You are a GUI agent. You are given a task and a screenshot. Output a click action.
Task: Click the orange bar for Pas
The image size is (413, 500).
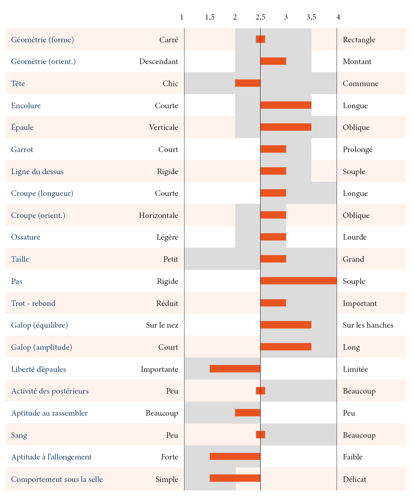click(298, 281)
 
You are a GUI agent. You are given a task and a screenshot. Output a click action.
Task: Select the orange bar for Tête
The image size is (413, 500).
click(248, 83)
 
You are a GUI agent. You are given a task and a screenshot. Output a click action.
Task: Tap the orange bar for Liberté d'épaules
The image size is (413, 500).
click(235, 369)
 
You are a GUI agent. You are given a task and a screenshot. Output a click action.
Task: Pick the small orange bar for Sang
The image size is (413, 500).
click(261, 435)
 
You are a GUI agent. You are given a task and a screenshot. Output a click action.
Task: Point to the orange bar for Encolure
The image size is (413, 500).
click(286, 105)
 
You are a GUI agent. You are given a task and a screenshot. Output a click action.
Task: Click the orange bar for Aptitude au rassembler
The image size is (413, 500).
click(248, 413)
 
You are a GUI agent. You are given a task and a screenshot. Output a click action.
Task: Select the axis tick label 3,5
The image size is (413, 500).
click(311, 17)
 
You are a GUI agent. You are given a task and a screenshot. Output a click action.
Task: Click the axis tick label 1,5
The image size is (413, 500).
click(210, 17)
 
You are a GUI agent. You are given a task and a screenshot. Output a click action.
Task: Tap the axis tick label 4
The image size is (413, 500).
click(338, 17)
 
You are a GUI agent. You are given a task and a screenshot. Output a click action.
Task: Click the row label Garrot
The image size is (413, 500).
click(22, 149)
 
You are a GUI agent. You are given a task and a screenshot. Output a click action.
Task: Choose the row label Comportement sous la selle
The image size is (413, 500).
click(57, 479)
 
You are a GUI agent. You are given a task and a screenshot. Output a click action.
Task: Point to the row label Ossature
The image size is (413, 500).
click(26, 237)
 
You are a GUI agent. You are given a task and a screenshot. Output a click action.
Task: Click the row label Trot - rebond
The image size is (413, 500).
click(33, 303)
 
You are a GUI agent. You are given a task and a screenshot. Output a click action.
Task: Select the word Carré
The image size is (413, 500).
click(169, 40)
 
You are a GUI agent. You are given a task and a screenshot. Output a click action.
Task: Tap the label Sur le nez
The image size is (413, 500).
click(162, 325)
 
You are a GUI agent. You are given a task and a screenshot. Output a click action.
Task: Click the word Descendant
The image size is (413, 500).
click(159, 61)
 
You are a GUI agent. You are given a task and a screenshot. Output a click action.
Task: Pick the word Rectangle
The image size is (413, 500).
click(359, 40)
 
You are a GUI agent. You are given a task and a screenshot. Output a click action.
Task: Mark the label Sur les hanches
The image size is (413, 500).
click(368, 325)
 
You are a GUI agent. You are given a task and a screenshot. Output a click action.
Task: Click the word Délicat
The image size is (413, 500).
click(354, 479)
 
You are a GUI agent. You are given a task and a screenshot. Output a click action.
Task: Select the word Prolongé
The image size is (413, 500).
click(357, 149)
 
